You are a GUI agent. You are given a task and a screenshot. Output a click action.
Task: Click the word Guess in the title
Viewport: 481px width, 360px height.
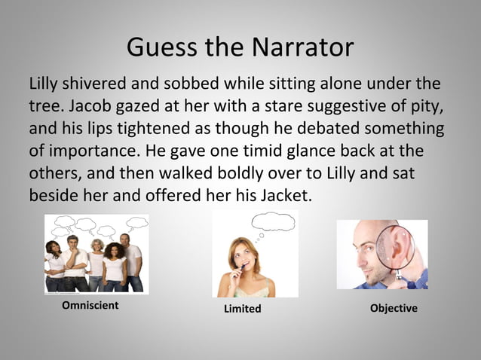tap(155, 47)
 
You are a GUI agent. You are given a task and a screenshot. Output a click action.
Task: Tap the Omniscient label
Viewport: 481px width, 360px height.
tap(90, 306)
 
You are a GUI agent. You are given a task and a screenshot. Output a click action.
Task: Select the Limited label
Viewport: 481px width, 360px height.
tap(242, 309)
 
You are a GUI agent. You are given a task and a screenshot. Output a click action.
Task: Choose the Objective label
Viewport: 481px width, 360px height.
tap(394, 308)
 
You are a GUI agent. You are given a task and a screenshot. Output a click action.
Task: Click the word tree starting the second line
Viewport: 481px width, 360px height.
tap(43, 105)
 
